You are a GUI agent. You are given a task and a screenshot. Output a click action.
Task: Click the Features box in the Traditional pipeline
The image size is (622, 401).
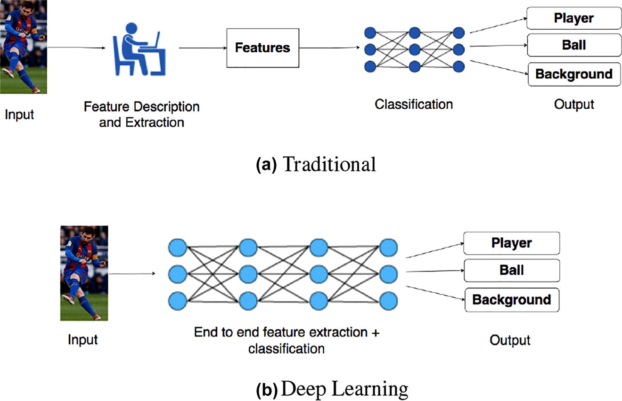click(262, 48)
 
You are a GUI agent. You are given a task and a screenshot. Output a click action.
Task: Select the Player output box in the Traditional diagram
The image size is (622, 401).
click(573, 19)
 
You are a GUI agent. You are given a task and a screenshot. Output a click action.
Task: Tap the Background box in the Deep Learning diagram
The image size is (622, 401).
click(512, 300)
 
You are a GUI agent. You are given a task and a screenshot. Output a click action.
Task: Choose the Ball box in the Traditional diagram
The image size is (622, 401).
click(573, 45)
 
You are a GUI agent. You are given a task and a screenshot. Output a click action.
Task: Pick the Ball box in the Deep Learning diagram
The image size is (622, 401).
click(512, 271)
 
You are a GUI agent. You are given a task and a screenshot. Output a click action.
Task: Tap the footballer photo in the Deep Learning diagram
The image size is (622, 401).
click(84, 273)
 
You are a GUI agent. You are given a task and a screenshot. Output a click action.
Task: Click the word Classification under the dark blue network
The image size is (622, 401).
click(414, 104)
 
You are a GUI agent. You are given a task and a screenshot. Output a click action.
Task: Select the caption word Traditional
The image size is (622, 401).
click(329, 165)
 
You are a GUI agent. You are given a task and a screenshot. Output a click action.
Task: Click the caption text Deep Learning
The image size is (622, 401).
click(345, 390)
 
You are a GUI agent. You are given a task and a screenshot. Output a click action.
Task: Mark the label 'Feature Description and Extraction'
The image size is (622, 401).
click(141, 114)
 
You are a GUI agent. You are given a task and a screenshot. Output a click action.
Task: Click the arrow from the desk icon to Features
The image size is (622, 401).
click(202, 48)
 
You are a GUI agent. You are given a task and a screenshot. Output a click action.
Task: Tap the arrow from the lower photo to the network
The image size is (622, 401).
click(133, 273)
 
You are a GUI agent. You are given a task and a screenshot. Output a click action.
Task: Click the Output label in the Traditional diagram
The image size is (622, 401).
click(574, 104)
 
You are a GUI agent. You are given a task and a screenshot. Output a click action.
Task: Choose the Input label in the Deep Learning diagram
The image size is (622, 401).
click(82, 339)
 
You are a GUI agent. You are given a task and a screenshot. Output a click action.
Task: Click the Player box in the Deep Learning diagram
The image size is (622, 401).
click(512, 243)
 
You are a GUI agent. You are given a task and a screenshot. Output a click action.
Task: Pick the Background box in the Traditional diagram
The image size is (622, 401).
click(573, 74)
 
